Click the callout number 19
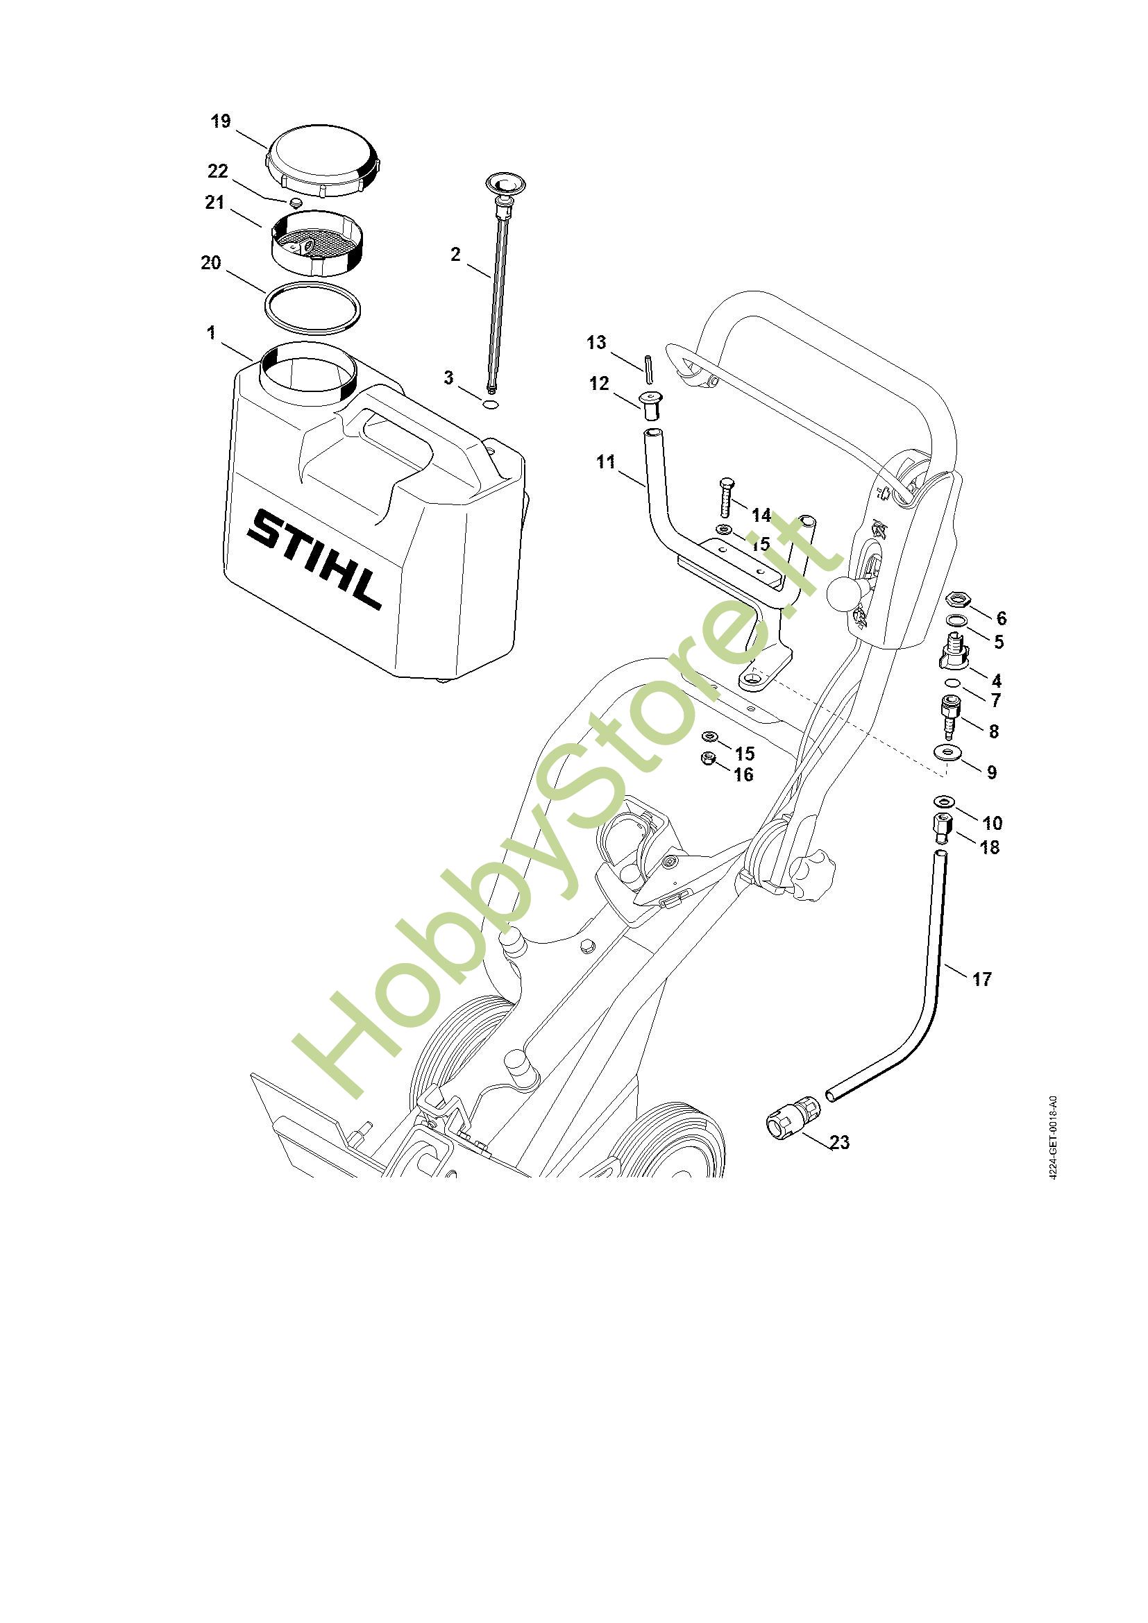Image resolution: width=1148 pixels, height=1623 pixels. coord(221,121)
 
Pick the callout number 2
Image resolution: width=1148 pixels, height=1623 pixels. coord(455,254)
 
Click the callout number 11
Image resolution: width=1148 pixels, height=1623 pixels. coord(606,461)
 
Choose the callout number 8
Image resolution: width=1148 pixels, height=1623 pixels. coord(993,731)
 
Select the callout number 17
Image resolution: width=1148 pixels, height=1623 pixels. coord(982,978)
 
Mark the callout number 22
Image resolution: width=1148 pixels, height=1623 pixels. coord(218,172)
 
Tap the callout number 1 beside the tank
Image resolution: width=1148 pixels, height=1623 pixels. coord(211,332)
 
